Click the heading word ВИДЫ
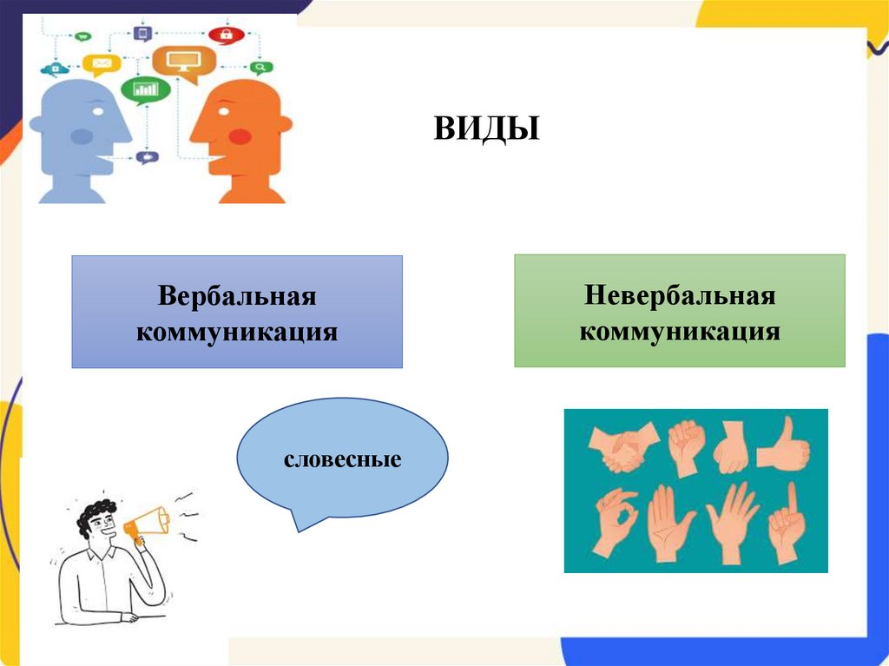click(x=486, y=129)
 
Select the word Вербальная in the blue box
click(x=236, y=297)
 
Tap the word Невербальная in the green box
click(x=679, y=295)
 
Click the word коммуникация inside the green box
click(x=679, y=331)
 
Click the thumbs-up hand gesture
click(x=785, y=445)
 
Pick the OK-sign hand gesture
click(x=616, y=523)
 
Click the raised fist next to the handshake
click(x=686, y=445)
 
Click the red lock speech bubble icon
click(x=227, y=36)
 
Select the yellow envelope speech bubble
click(x=102, y=64)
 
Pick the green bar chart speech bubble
click(x=146, y=89)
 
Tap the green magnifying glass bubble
click(x=258, y=67)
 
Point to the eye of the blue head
click(x=96, y=110)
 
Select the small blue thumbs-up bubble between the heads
click(x=146, y=157)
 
